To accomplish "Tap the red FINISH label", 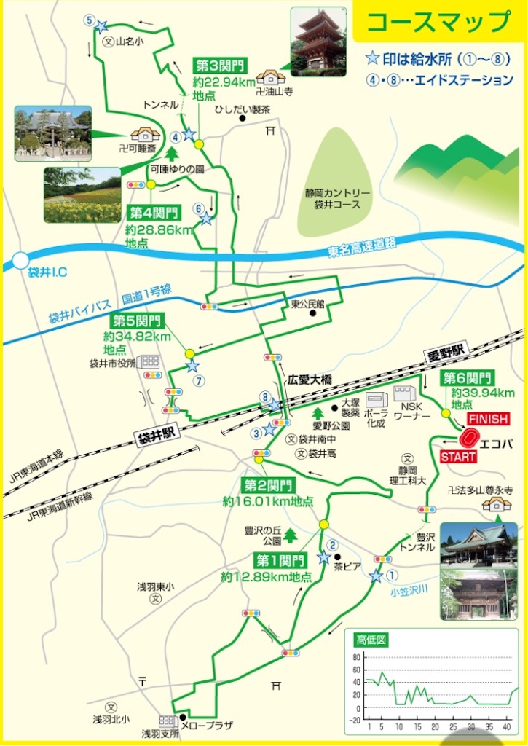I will [487, 420].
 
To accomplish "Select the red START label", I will [457, 457].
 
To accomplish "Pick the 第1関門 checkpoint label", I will [280, 560].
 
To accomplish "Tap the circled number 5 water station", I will [89, 22].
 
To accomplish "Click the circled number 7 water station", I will [198, 380].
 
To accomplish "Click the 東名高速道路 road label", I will [362, 248].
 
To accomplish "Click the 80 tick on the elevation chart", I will [356, 657].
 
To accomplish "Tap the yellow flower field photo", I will [82, 195].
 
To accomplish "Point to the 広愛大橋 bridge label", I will [310, 380].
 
